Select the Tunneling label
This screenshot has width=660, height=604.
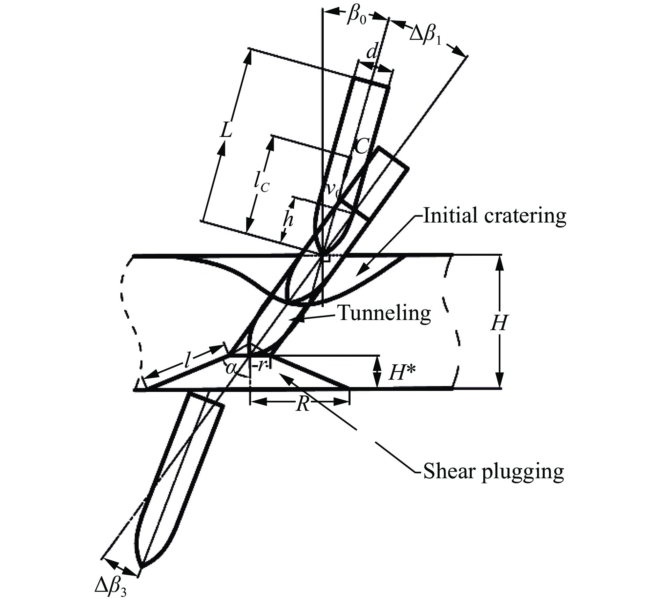click(x=384, y=313)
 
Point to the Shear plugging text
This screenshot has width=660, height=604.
click(x=493, y=471)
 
